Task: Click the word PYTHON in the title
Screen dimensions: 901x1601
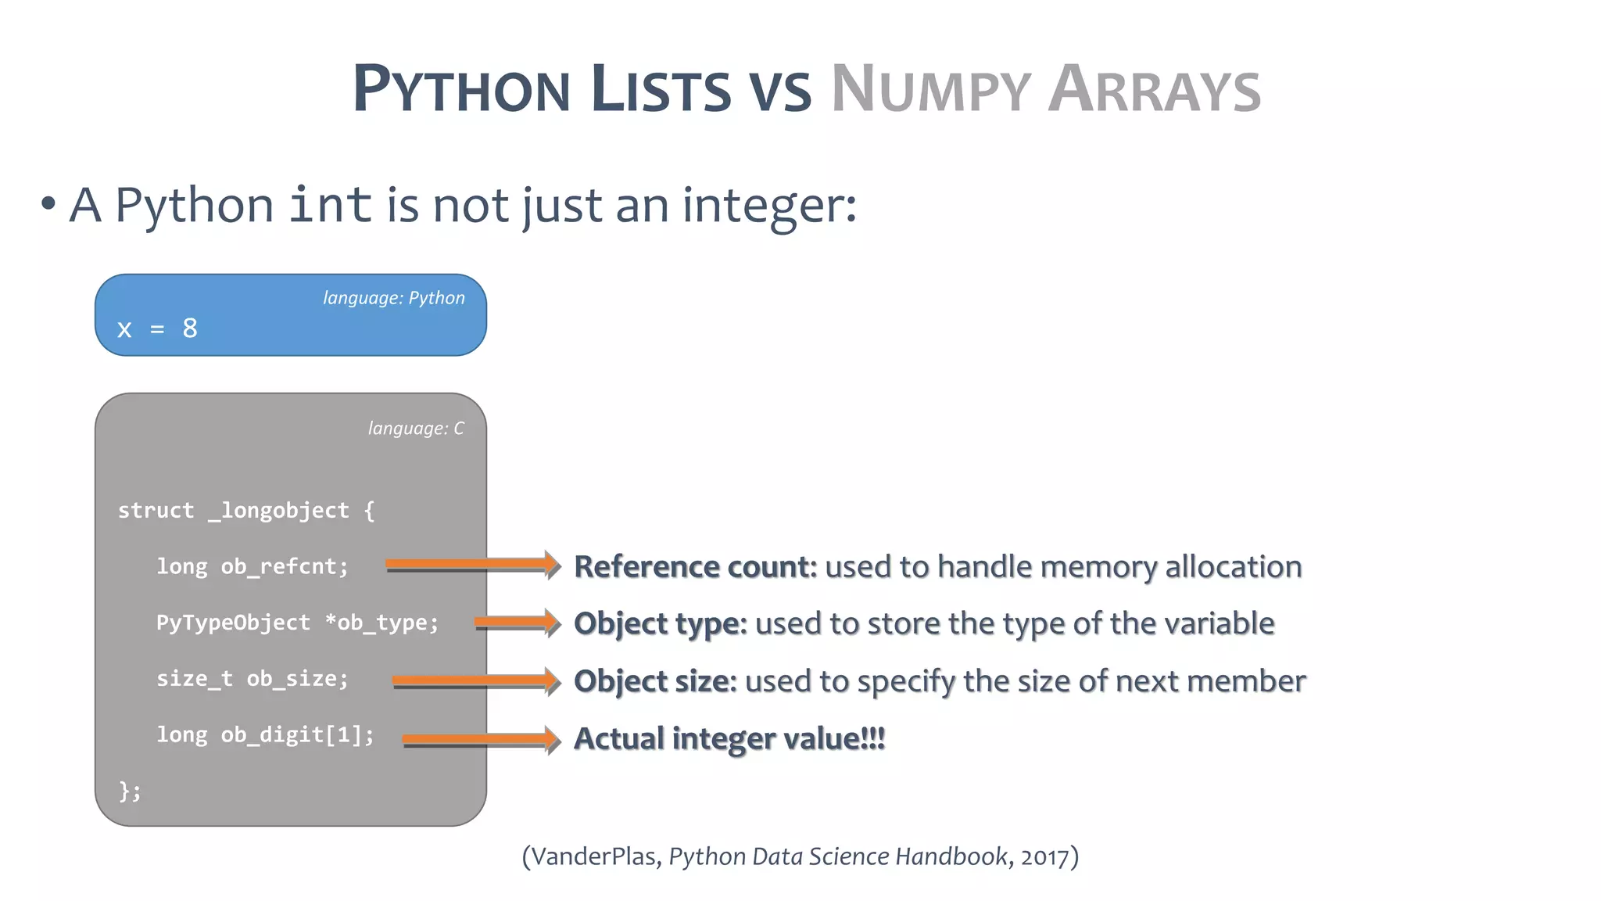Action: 461,88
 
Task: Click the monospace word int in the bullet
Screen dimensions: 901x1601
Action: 330,205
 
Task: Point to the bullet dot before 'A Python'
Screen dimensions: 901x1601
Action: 48,205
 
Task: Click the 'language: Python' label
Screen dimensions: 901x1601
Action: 393,298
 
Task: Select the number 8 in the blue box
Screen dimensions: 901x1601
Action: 190,328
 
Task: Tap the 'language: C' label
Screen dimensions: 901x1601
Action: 415,429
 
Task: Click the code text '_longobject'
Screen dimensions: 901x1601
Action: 278,511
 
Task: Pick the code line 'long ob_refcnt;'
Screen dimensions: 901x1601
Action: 252,566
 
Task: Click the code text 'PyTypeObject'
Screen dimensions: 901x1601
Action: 233,623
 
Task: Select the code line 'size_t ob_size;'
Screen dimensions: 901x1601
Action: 252,679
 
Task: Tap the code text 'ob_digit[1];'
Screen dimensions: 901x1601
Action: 297,735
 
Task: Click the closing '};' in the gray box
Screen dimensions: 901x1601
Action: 130,791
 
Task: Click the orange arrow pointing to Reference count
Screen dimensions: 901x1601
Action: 472,564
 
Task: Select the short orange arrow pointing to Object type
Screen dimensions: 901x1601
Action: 517,623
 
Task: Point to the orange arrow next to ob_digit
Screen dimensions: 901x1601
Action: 481,738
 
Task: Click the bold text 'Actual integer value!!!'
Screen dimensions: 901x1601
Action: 729,738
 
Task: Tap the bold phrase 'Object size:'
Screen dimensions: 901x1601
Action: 655,681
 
